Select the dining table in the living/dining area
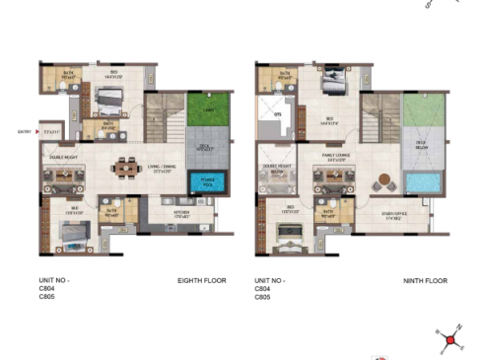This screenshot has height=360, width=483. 126,169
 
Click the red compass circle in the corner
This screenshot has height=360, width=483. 451,340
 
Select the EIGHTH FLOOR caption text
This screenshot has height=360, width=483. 202,281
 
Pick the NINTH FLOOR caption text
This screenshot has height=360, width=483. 426,281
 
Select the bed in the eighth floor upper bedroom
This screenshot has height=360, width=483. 107,103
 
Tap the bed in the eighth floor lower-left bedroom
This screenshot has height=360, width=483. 69,233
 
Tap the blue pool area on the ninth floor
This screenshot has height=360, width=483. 420,184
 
